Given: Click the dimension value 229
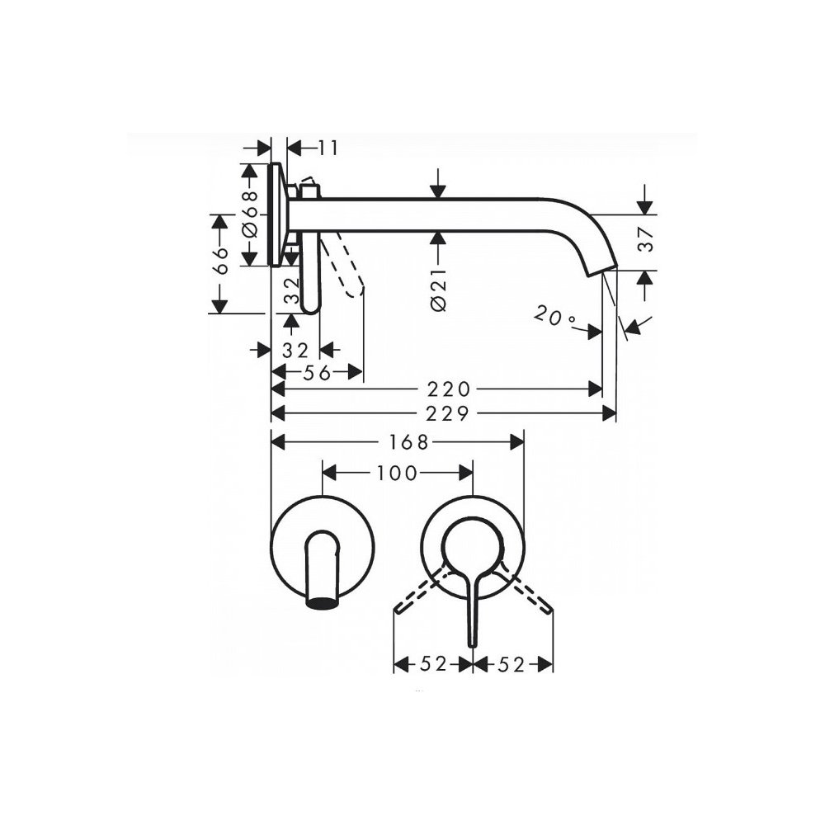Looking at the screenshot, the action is point(447,414).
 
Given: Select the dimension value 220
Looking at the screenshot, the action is point(448,389).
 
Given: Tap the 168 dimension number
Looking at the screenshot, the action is point(409,442).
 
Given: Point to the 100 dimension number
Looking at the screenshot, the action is point(397,473).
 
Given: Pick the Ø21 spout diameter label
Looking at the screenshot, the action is point(440,289).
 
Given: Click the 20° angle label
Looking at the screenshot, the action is point(555,317).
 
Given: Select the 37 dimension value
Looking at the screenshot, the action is point(647,239).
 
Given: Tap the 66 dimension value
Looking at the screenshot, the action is point(222,261).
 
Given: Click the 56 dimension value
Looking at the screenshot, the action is point(318,373).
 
